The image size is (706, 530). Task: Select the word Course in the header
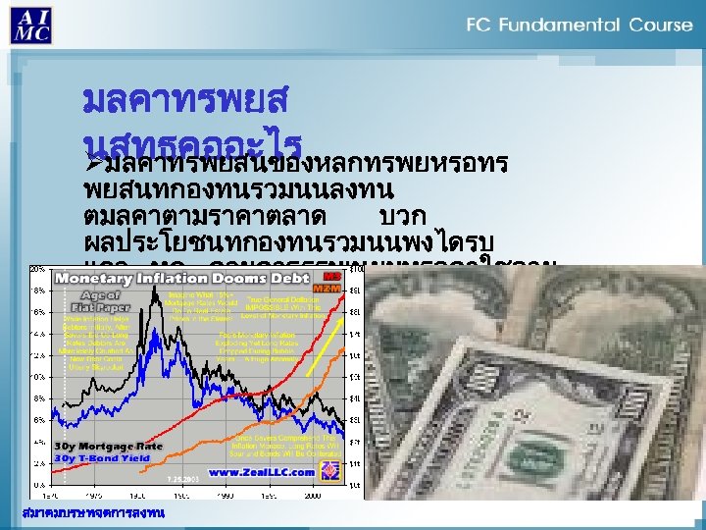[660, 25]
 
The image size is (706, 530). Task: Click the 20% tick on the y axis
[36, 269]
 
